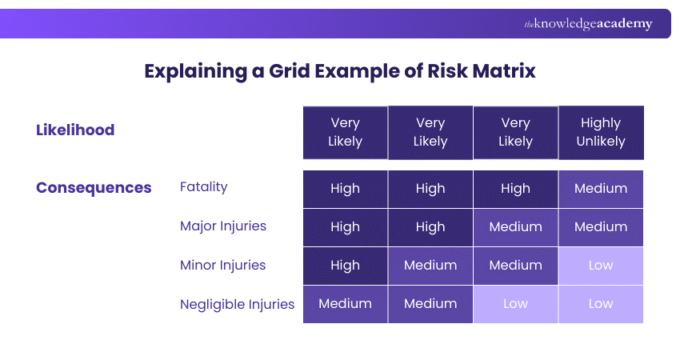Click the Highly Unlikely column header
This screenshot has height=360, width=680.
click(600, 132)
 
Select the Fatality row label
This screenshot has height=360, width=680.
click(204, 187)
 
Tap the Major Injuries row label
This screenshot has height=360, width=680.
click(223, 226)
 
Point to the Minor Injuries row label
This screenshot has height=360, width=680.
click(223, 265)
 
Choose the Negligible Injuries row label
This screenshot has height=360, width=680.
click(238, 304)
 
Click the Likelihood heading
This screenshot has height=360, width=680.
click(75, 130)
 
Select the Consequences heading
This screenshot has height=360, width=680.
click(94, 188)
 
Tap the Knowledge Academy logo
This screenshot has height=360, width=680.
click(588, 24)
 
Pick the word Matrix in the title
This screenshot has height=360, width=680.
click(503, 70)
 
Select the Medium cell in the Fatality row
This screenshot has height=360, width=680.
click(600, 189)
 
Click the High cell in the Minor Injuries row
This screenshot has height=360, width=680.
click(345, 266)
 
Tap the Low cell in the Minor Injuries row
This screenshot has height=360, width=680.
click(600, 266)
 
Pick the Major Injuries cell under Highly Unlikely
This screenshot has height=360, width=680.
click(600, 227)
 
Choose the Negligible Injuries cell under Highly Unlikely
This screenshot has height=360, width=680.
click(600, 304)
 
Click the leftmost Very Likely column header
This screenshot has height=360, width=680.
click(345, 132)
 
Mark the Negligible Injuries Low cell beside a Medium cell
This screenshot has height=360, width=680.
click(515, 304)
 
